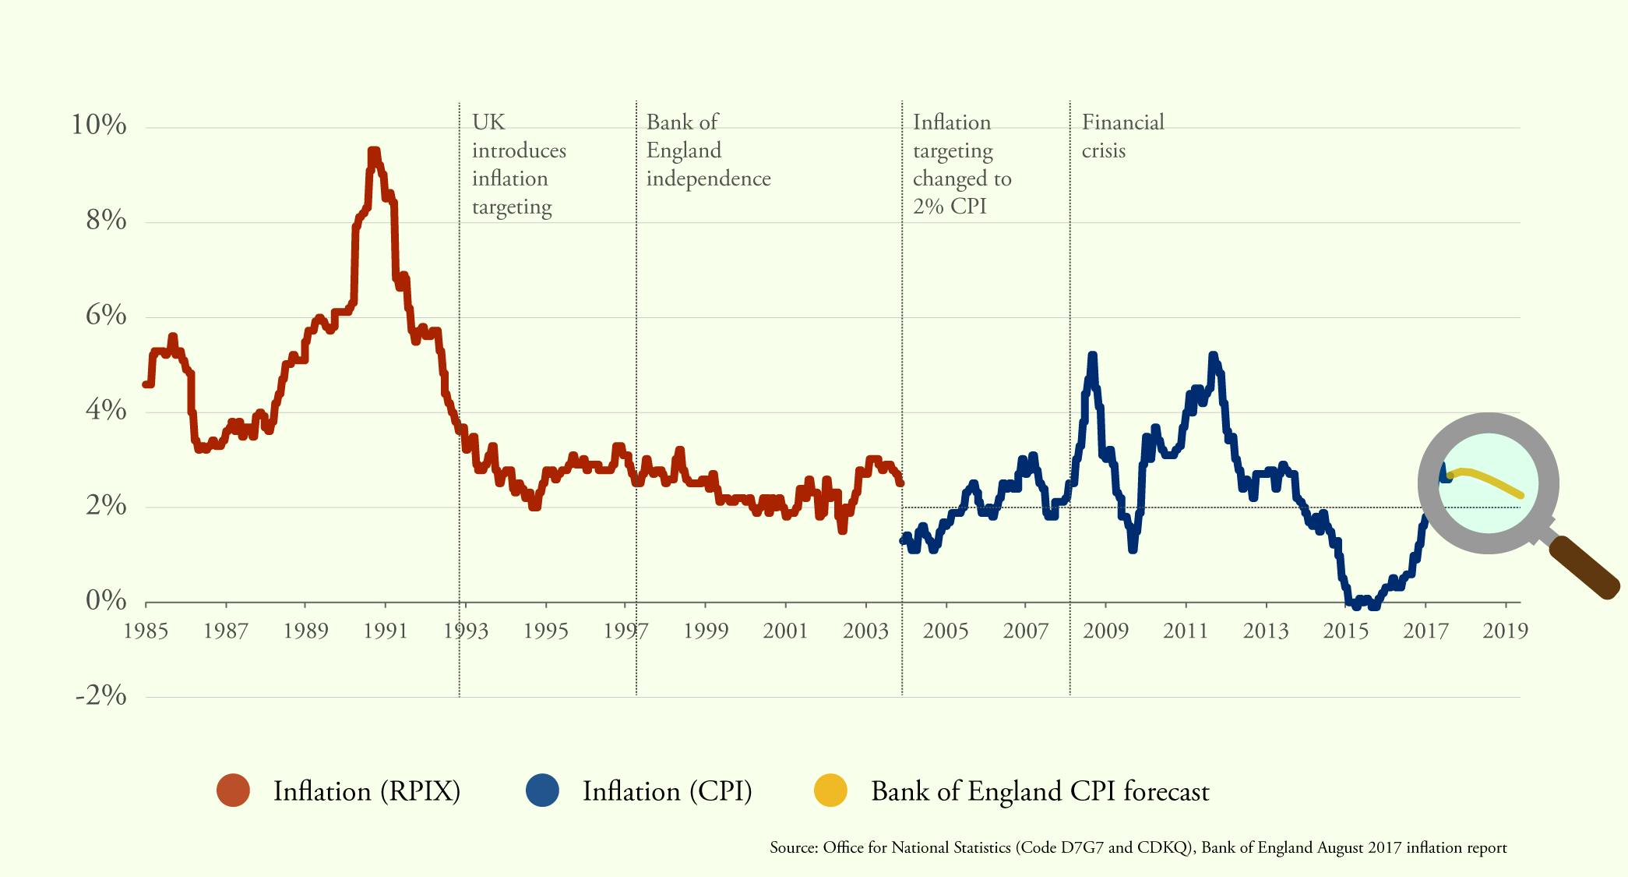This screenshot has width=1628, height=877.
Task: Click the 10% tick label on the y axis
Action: (99, 125)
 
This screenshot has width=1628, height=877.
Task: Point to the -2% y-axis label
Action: (101, 695)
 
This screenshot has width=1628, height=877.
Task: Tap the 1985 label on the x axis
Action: (146, 631)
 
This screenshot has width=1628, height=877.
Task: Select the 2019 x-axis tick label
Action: (1505, 631)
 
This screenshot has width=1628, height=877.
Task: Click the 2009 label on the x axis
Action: (1105, 631)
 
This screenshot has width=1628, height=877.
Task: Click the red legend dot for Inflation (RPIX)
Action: (233, 790)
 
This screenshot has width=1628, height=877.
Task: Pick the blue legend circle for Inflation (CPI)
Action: (542, 790)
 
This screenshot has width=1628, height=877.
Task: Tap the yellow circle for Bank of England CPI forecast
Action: (830, 790)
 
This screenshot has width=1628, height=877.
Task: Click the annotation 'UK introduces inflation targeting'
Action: (518, 164)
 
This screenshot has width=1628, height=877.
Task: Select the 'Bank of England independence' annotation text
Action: (707, 150)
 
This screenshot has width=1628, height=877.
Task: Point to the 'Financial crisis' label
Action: (1122, 136)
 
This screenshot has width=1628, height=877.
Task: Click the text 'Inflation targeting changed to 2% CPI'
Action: (960, 164)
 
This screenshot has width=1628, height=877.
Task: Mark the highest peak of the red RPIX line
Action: (374, 152)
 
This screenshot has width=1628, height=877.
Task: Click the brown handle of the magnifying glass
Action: (1584, 569)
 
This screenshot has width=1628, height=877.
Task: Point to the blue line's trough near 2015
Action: (1357, 604)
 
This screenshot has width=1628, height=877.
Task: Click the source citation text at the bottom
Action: (1137, 847)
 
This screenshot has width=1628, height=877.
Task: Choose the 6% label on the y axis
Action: (105, 315)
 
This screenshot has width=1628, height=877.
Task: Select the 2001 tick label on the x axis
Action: (785, 631)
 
